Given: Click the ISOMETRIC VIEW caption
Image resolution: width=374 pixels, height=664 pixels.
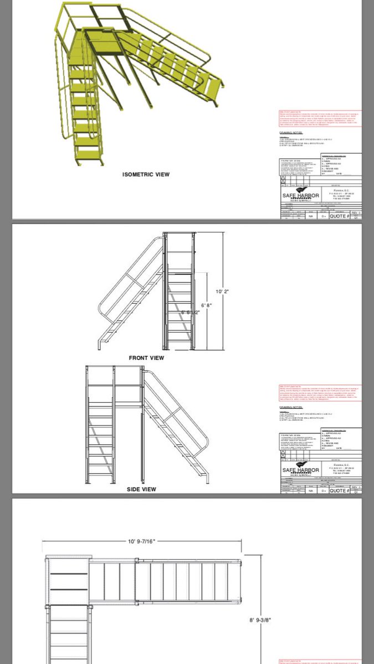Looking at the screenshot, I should click(146, 174).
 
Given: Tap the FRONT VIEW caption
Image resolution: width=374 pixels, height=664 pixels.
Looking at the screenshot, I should click(146, 358).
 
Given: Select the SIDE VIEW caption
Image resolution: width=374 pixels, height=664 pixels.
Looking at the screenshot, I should click(141, 489).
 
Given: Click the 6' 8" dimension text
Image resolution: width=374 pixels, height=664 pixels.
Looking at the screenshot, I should click(206, 305).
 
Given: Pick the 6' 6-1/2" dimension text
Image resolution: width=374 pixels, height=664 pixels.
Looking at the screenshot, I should click(190, 313).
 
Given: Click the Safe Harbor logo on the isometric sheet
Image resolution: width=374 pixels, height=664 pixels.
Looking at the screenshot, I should click(301, 196).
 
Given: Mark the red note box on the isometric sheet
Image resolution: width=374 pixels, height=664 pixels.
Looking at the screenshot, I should click(320, 118).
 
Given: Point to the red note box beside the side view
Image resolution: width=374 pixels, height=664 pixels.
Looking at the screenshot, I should click(320, 393).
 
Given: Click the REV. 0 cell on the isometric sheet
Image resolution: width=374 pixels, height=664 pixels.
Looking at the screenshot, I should click(356, 213).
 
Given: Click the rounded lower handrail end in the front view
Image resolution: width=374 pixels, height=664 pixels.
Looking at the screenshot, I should click(100, 310).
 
